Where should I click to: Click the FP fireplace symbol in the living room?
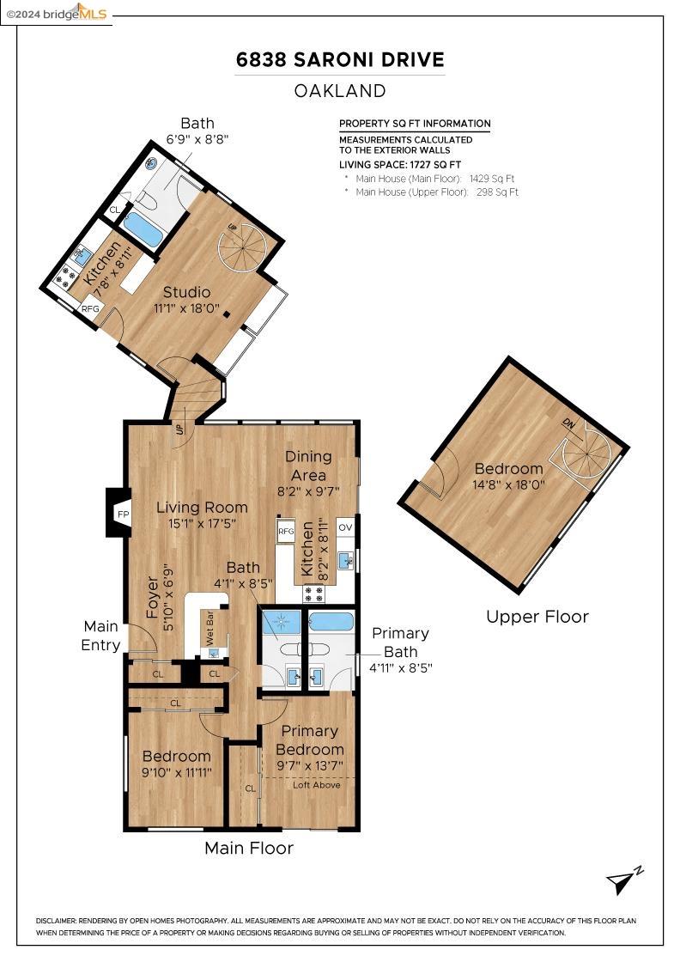pos(122,514)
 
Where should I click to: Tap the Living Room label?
pos(202,508)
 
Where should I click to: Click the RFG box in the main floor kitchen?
pos(286,531)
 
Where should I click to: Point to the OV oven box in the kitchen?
pos(345,527)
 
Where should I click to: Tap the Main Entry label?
pos(100,636)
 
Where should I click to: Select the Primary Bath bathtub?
pos(331,622)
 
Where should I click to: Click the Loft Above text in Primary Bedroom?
pos(316,785)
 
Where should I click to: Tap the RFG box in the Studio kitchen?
pos(90,308)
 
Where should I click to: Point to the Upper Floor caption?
pos(537,617)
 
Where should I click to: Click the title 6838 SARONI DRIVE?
pos(340,60)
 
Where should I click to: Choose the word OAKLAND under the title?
pos(340,90)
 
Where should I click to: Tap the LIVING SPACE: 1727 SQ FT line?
pos(400,164)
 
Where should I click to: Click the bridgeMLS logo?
pos(56,12)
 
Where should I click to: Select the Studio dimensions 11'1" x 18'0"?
pos(186,308)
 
